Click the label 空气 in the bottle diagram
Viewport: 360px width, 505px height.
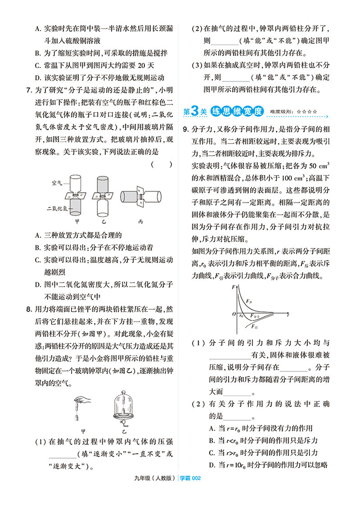point(57,182)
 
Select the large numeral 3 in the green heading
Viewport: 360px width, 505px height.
point(194,111)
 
